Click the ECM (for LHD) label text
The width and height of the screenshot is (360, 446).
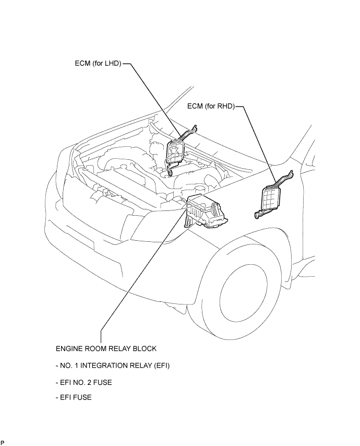click(98, 63)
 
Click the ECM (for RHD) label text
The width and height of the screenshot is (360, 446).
click(211, 107)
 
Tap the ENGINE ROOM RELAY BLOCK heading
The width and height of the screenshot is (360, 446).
click(106, 349)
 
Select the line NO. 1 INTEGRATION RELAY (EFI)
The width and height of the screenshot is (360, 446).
click(113, 366)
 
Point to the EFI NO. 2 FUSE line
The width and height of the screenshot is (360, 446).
click(84, 382)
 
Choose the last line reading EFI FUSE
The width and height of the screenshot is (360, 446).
click(74, 397)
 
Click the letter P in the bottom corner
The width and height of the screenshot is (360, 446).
click(3, 442)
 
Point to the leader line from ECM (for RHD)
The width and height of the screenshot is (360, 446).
click(256, 144)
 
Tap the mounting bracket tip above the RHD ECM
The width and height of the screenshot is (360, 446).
click(291, 172)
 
